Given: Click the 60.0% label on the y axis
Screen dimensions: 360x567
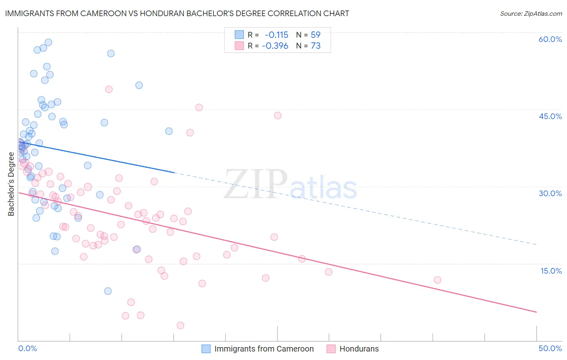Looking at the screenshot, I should coord(550,39).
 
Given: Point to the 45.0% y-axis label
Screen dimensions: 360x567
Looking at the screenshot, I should coord(550,116).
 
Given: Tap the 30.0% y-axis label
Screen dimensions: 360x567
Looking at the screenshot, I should coord(550,193).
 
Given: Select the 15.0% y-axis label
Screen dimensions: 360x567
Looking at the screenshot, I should coord(551,271).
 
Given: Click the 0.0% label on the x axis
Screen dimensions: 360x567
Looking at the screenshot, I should coord(27,348).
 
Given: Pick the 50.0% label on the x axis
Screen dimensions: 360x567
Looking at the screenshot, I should coord(550,348).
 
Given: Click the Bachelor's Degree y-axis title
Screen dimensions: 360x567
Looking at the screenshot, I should coord(11,184).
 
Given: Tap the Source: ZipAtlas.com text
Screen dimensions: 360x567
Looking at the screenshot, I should coord(531,14).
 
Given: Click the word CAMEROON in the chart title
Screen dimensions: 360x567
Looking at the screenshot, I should coord(105,13).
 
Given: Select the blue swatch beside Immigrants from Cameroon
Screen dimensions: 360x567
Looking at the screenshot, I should coord(206,349).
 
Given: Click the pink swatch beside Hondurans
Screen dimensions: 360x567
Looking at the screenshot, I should coord(331,349).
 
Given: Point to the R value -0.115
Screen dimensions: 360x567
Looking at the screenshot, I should coord(276,35).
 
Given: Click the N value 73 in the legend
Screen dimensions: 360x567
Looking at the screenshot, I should coord(315,46).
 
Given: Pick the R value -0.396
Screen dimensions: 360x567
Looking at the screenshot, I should coord(275,46).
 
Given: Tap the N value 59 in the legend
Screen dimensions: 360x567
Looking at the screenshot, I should coord(315,35).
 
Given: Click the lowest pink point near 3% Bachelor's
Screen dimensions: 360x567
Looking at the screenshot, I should coord(180,325).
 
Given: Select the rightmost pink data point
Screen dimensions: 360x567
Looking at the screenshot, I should coord(438,280).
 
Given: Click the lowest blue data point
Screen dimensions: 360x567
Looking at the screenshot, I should coord(108,291).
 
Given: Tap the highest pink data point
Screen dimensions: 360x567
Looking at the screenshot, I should coord(108,89).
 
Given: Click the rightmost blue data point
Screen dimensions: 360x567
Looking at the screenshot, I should coord(169,131).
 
